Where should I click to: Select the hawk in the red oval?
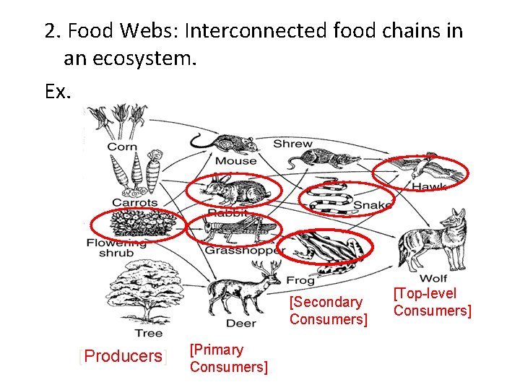(x=421, y=170)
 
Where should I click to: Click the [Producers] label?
(x=123, y=356)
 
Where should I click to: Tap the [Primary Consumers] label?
(x=228, y=358)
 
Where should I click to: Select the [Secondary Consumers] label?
(x=329, y=311)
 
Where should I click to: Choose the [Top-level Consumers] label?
(x=432, y=302)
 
